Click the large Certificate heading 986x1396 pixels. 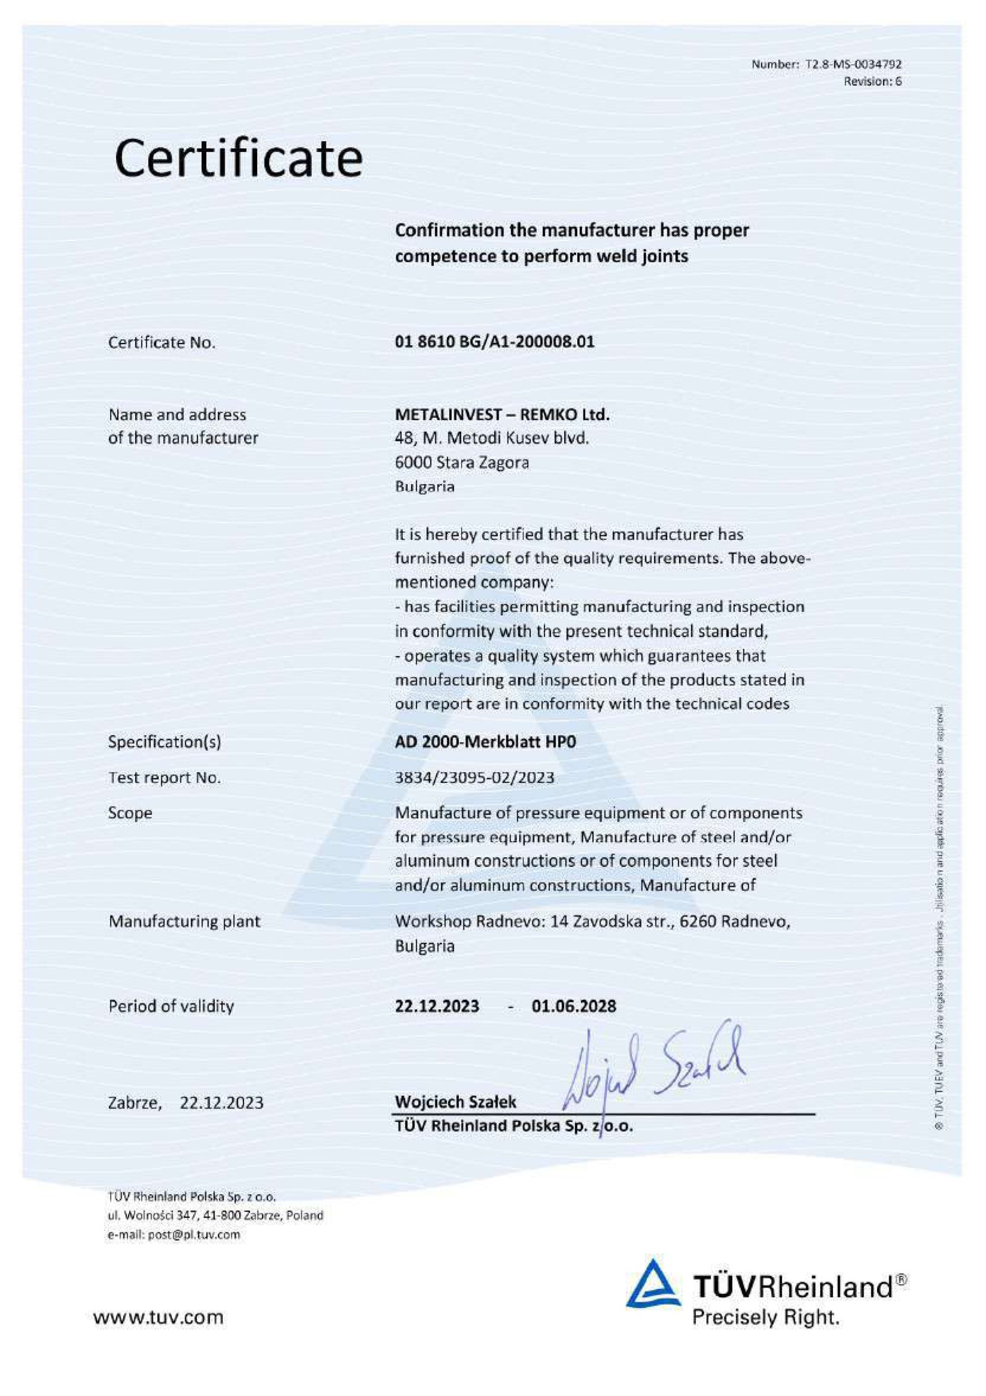pos(238,159)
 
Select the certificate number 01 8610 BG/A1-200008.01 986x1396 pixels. pos(495,342)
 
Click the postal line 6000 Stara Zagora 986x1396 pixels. pos(462,463)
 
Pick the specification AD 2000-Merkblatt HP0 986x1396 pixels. pos(485,742)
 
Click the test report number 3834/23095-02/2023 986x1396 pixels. pos(475,778)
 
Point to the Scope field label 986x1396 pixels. pos(130,813)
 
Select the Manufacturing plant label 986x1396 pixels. pos(184,921)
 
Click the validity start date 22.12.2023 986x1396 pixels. pos(437,1006)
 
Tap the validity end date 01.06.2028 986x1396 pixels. pos(574,1006)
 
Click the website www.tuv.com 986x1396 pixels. pos(158,1317)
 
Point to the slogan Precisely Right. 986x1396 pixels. pos(766,1317)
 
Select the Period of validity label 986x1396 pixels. pos(171,1006)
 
